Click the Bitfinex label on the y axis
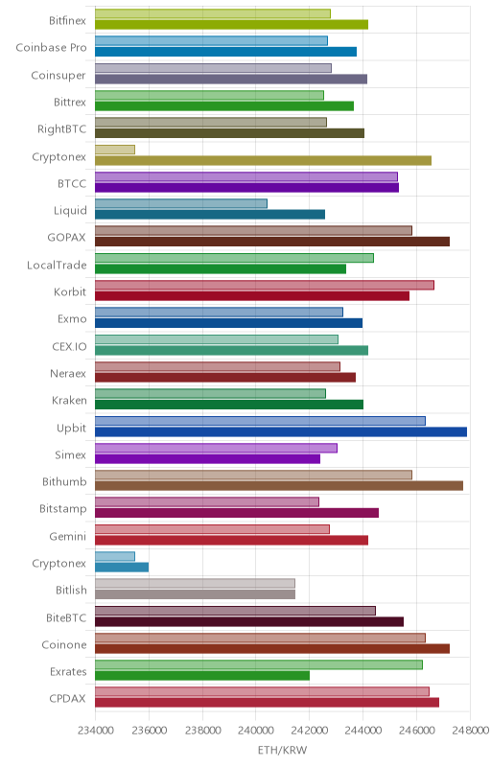point(67,20)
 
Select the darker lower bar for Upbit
point(281,432)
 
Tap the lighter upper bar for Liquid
point(181,203)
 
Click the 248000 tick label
point(470,731)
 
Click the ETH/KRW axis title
point(282,751)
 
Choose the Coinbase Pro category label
point(51,47)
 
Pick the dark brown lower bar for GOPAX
point(272,242)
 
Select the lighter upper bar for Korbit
point(264,285)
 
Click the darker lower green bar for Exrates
point(202,676)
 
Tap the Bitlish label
point(71,590)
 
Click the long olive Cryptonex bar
point(263,160)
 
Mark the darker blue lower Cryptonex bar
point(122,568)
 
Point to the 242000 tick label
point(309,731)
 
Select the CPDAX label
point(67,699)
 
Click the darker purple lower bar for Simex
point(207,459)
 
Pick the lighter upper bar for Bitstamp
point(207,501)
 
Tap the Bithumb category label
point(64,482)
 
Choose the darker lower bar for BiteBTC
point(249,621)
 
